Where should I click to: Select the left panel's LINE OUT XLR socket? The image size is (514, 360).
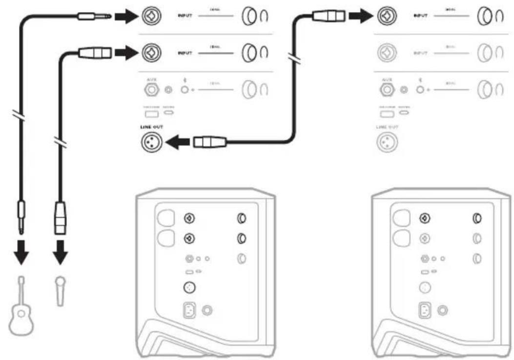pos(149,143)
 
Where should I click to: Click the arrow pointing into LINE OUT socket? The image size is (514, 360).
pos(177,143)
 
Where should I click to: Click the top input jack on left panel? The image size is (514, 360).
pos(149,17)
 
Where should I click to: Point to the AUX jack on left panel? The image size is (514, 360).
pos(149,90)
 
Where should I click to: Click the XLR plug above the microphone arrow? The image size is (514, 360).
pos(60,218)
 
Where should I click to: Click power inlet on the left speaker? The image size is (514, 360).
pos(189,310)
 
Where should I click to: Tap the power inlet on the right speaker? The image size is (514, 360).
pos(424,310)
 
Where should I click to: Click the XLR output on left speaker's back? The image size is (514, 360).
pos(189,288)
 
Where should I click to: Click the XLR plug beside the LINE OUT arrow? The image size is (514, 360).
pos(208,143)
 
